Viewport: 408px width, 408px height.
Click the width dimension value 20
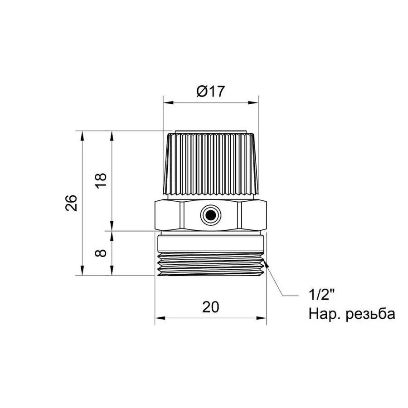point(210,307)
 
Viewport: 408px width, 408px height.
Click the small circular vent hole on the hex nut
point(210,214)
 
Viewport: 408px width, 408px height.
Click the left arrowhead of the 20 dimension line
point(158,318)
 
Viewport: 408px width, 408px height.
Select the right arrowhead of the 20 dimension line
point(262,318)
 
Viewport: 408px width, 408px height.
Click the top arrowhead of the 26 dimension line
point(82,135)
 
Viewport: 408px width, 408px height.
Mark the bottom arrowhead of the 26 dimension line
point(82,272)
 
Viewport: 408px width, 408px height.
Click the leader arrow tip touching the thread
point(267,266)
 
